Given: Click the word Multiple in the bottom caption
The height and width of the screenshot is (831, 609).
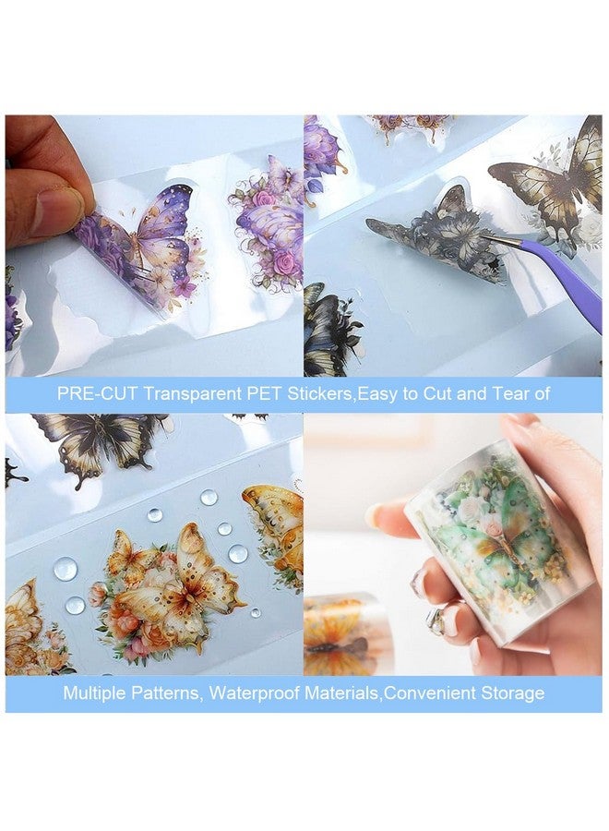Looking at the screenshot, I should (x=93, y=692).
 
